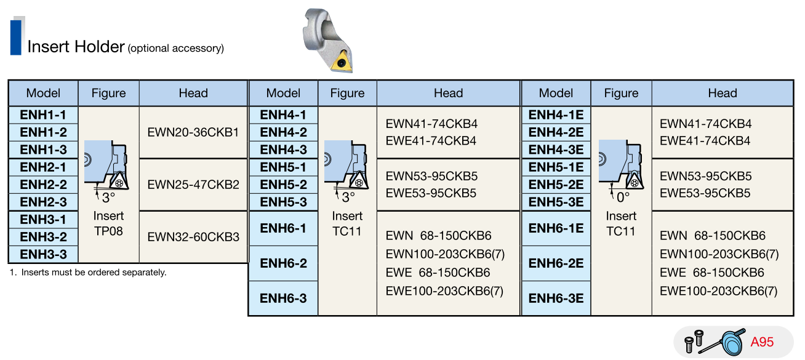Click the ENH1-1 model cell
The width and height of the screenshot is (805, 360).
click(43, 114)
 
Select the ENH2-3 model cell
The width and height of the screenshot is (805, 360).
click(43, 202)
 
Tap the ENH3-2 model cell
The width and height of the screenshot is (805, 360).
click(43, 237)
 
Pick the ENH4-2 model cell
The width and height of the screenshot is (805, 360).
click(283, 132)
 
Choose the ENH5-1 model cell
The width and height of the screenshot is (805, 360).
click(283, 167)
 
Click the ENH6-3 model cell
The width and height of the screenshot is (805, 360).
click(283, 298)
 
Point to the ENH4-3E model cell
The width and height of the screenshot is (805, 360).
click(556, 150)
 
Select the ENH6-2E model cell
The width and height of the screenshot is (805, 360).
click(556, 263)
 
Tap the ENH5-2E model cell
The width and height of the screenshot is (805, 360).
click(556, 185)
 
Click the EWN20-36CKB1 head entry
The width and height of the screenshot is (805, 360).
click(193, 132)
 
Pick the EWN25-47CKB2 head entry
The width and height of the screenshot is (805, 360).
click(193, 184)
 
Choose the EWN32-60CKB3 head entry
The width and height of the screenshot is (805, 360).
click(193, 236)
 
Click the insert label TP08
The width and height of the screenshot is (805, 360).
click(108, 231)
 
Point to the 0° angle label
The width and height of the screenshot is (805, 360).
click(623, 198)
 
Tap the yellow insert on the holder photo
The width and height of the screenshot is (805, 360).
click(340, 63)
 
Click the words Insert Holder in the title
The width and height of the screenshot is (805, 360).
click(76, 47)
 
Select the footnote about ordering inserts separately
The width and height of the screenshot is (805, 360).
click(88, 272)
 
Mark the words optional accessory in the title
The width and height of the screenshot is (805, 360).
click(176, 49)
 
